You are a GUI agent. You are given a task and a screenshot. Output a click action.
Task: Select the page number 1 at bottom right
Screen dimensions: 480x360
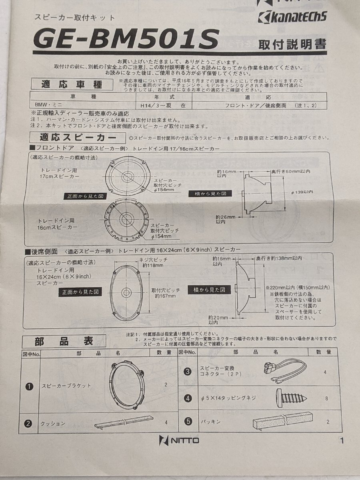(342, 441)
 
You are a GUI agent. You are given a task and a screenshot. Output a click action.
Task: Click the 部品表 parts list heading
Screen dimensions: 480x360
(64, 341)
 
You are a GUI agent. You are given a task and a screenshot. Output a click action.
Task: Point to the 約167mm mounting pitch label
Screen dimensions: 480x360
(165, 296)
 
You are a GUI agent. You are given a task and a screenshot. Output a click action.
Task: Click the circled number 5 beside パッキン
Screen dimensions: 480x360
(188, 421)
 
